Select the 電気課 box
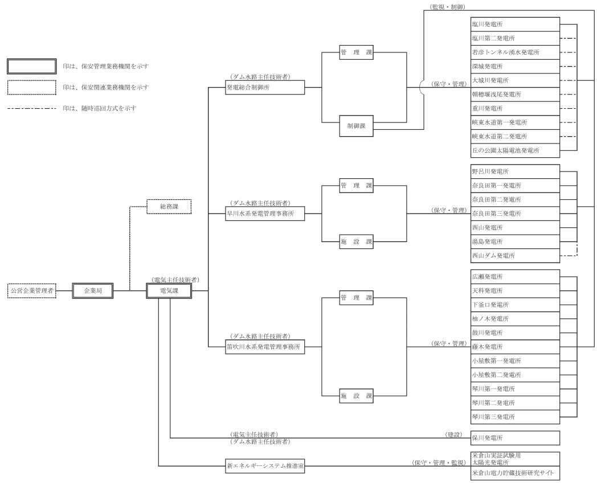pos(169,290)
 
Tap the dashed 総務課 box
pos(169,206)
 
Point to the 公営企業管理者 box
pos(32,290)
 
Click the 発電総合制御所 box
pos(264,87)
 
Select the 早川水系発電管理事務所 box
pos(264,214)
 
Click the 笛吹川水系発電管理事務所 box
pos(264,346)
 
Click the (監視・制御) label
pos(446,6)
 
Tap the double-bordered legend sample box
pos(31,66)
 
